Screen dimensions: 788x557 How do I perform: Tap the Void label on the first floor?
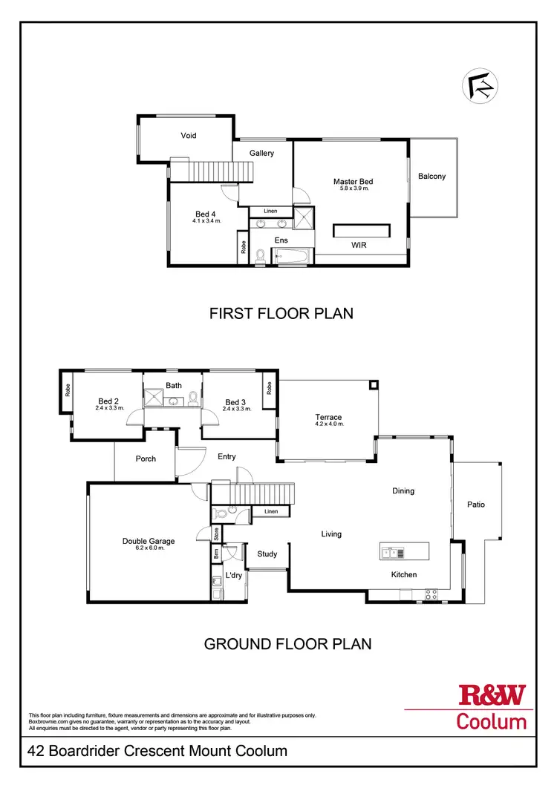188,136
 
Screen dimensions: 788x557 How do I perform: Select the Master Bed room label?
353,181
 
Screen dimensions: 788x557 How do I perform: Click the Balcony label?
431,176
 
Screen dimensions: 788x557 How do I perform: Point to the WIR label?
359,245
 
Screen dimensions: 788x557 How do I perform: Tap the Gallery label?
261,153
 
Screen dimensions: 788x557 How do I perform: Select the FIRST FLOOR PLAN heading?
281,314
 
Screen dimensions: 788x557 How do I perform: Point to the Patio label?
476,505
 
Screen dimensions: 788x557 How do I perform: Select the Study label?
267,554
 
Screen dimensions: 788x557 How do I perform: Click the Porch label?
146,459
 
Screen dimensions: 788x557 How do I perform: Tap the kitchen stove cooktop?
431,593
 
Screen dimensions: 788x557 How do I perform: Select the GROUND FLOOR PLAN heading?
287,644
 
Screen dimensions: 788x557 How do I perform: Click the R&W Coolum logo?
492,707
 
